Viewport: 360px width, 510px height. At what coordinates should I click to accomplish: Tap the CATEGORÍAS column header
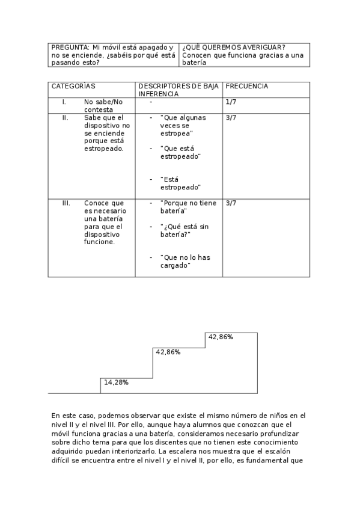click(73, 86)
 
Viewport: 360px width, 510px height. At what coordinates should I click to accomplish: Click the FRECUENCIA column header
click(246, 86)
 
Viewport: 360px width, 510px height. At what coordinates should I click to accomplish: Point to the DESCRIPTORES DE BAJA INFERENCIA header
click(178, 90)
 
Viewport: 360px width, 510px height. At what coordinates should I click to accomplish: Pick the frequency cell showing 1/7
click(231, 102)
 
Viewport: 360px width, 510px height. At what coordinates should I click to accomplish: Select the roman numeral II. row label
click(66, 117)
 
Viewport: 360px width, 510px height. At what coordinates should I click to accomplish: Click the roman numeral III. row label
click(66, 203)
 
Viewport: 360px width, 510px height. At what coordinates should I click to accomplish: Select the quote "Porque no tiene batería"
click(188, 207)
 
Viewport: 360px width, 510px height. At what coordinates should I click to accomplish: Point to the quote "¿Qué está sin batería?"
click(183, 230)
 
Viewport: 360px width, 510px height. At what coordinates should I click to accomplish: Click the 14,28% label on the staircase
click(116, 382)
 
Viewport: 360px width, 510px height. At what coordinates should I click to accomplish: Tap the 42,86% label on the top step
click(221, 337)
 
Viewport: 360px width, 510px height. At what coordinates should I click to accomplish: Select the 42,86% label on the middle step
click(168, 352)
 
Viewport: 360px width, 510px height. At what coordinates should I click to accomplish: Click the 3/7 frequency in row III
click(231, 203)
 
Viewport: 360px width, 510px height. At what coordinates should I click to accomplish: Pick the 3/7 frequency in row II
click(231, 117)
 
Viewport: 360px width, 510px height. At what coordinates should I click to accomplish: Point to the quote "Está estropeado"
click(180, 183)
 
